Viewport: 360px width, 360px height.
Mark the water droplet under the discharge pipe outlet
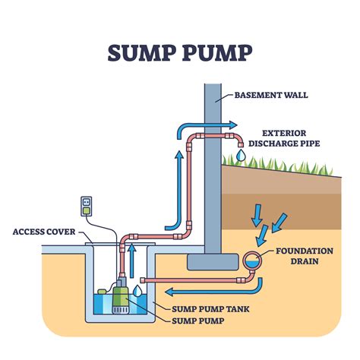240,155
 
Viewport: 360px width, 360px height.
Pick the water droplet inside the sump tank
137,290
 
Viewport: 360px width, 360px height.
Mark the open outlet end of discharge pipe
239,144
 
